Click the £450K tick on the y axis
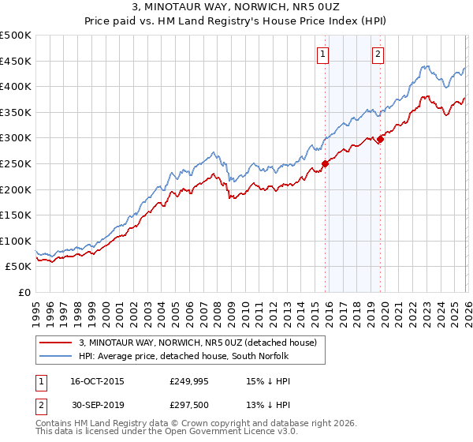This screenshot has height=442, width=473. pos(17,61)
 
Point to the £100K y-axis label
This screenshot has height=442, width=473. pos(17,241)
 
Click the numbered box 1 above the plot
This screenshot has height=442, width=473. pos(324,54)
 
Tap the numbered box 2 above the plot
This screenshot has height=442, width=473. pos(378,54)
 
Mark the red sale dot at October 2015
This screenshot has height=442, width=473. pos(325,164)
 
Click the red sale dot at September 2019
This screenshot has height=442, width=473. pos(379,140)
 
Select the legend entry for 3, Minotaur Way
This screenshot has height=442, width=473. pos(197,343)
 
